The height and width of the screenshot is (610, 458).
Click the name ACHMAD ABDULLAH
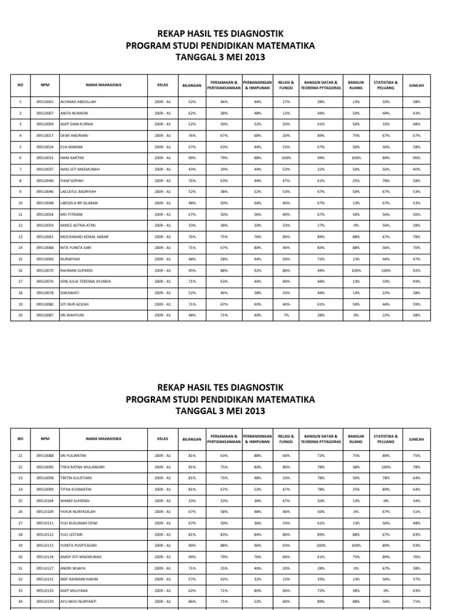(78, 102)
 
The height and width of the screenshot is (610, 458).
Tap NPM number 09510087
(45, 315)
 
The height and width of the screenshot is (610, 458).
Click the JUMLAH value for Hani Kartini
(416, 158)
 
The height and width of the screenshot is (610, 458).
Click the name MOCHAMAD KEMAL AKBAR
(85, 236)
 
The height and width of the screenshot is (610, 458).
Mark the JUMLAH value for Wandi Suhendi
(416, 500)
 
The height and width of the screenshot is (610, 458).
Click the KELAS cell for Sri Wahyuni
(162, 315)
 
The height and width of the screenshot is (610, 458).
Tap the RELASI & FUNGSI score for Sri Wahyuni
(286, 315)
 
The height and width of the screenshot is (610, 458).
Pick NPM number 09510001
(45, 102)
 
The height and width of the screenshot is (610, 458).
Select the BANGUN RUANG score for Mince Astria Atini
(356, 225)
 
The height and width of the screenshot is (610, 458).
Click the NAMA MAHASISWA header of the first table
(103, 85)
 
